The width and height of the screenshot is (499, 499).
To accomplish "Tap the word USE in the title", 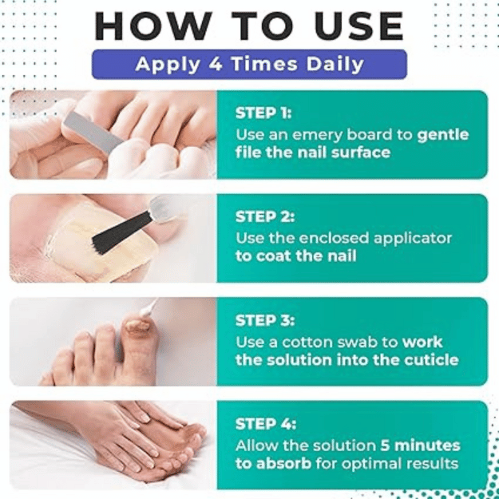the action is [358, 26].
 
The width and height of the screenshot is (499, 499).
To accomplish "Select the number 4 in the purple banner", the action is [216, 64].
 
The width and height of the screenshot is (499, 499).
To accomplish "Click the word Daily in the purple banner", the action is [335, 65].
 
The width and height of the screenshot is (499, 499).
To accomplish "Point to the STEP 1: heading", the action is [263, 113].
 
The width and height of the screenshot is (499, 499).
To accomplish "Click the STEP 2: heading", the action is [265, 216].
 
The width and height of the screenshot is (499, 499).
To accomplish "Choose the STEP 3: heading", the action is [265, 320].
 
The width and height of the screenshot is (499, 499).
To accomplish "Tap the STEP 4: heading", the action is [265, 424].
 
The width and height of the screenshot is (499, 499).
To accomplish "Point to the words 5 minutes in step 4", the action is [420, 446].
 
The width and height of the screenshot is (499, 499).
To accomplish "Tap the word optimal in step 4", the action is [378, 465].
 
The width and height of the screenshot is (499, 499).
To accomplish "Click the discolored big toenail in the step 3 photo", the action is [137, 327].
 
